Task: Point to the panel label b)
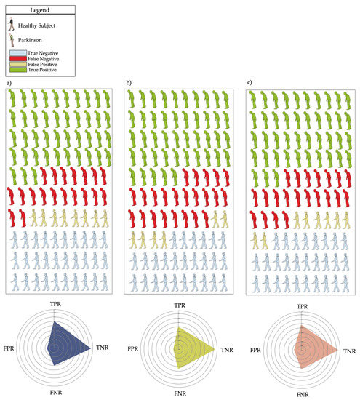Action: pos(129,82)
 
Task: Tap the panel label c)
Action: pos(251,82)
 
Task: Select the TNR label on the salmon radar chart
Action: pos(350,351)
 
